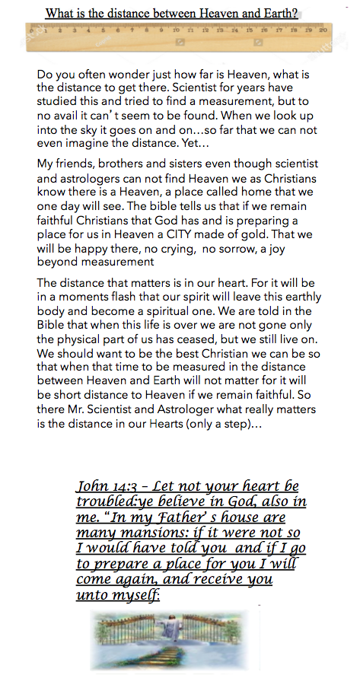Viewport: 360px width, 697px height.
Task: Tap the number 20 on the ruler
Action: coord(323,30)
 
